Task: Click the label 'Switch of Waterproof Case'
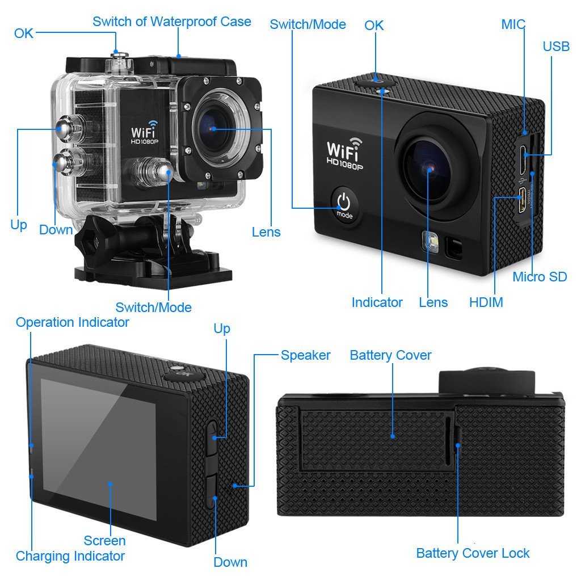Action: click(171, 22)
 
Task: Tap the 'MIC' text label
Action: click(513, 24)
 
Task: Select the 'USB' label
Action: click(555, 46)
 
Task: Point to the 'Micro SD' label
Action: click(539, 277)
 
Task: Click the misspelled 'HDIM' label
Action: click(486, 302)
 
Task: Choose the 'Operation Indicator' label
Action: click(72, 322)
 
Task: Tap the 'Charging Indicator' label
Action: click(70, 556)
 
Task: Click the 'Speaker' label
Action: click(305, 355)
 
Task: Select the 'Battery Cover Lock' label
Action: click(473, 553)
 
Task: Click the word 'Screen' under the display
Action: click(104, 540)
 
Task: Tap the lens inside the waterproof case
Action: click(214, 129)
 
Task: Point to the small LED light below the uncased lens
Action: click(428, 242)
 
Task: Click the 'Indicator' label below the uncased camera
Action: click(377, 302)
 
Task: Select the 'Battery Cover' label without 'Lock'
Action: click(390, 355)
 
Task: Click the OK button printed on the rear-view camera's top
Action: click(180, 373)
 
